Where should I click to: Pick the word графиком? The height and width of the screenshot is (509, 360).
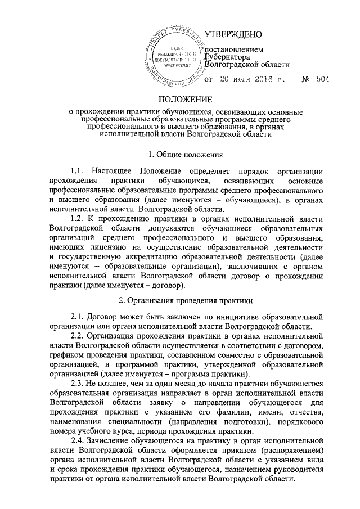click(x=67, y=355)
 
